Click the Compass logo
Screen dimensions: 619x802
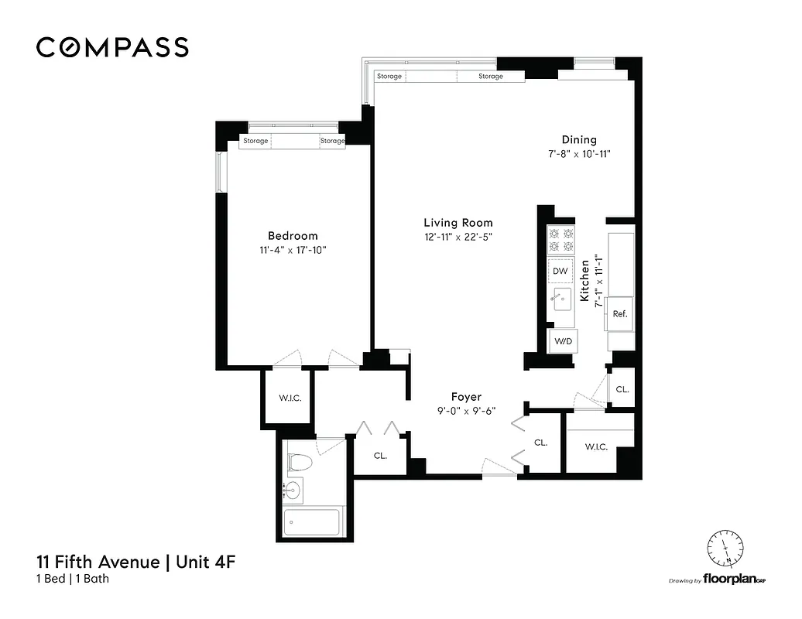coord(112,47)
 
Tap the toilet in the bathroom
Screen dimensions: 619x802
coord(300,463)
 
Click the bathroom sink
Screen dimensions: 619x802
coord(293,489)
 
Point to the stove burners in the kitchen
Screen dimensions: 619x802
coord(560,240)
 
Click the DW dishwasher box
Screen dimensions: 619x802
coord(560,272)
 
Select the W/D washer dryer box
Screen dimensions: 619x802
coord(561,341)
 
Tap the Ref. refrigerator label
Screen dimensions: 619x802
coord(619,314)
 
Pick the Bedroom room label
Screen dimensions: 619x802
coord(293,236)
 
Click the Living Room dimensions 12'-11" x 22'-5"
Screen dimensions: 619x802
coord(458,237)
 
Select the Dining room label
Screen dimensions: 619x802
coord(579,140)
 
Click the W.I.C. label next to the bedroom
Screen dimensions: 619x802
coord(290,398)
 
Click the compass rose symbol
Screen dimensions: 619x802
coord(725,550)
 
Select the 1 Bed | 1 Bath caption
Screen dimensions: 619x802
coord(73,579)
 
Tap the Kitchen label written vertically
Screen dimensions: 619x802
coord(585,280)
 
